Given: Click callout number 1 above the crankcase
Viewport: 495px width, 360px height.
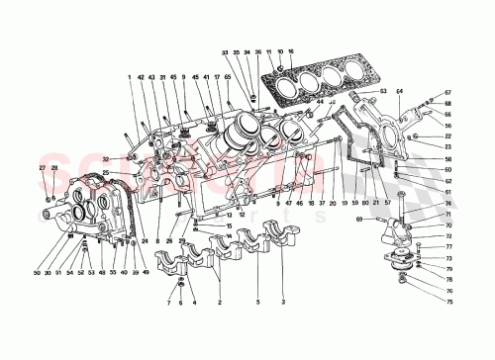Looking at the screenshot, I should pos(129,78).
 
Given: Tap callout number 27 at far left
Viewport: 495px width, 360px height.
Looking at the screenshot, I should pos(42,169).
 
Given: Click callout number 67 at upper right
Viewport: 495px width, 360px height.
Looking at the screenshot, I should pos(446,92).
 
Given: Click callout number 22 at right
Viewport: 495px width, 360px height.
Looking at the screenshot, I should pos(446,136).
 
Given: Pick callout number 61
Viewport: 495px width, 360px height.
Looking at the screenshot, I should pos(446,169).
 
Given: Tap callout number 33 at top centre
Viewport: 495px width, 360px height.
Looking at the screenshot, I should pos(225,50).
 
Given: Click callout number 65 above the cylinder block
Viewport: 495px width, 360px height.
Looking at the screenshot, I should pos(228,78).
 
